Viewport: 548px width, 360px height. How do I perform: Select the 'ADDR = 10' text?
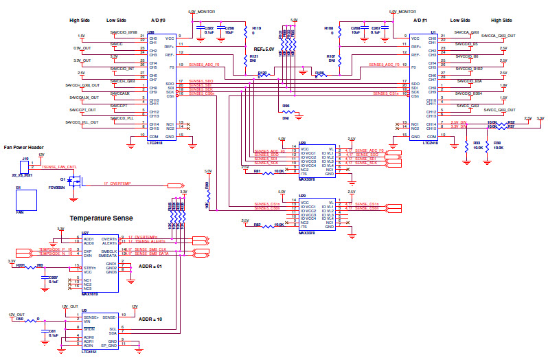[150, 319]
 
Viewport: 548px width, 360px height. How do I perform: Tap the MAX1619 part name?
[91, 294]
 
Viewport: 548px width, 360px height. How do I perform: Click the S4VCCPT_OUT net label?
[80, 109]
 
